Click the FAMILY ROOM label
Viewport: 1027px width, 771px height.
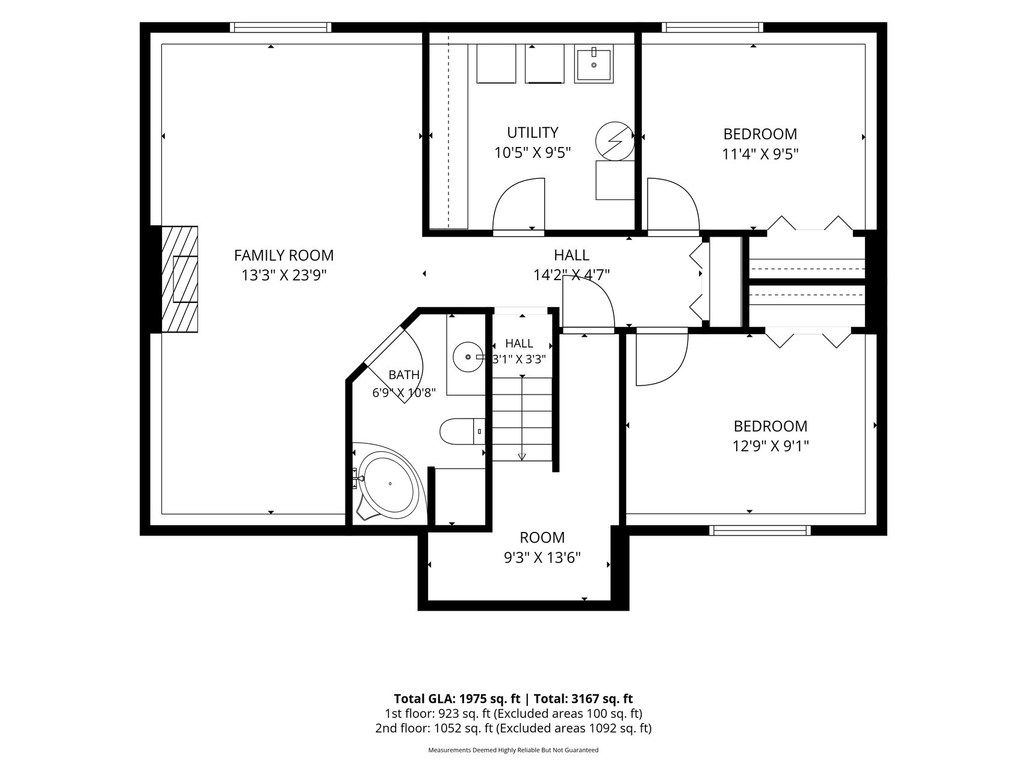pos(284,255)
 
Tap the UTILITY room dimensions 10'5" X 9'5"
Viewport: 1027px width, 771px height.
pos(532,153)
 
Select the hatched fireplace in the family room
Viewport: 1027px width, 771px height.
pos(179,279)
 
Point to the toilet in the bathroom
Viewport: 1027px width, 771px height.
pos(462,431)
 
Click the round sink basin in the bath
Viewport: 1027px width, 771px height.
pos(468,356)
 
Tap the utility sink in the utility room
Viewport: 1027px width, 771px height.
pos(594,64)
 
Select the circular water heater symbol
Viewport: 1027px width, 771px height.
pos(615,141)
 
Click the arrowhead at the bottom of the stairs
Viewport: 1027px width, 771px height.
pos(521,457)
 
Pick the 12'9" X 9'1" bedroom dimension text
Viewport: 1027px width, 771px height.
pos(771,446)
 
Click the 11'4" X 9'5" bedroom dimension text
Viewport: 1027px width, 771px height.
pos(760,154)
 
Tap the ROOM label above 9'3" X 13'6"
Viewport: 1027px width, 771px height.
pos(542,537)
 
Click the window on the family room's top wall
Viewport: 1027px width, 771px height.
pos(281,27)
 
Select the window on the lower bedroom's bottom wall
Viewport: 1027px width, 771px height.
pos(760,531)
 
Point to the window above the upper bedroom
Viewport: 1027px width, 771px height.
pos(713,27)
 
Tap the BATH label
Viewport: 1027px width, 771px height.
pos(404,375)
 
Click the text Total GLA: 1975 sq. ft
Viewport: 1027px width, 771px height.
pos(457,699)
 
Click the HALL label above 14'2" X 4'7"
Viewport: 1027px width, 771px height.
pos(571,255)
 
